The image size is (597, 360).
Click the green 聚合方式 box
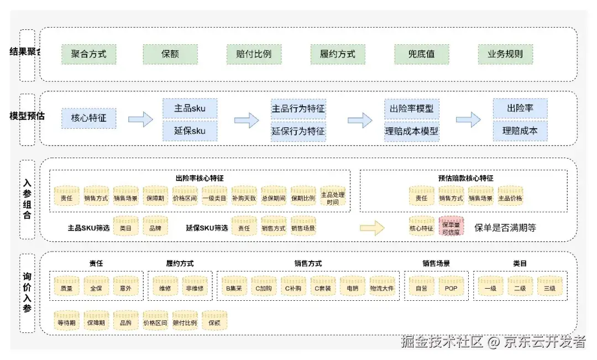pyautogui.click(x=88, y=55)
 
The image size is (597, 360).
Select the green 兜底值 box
pyautogui.click(x=421, y=55)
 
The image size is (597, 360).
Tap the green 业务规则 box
pyautogui.click(x=505, y=55)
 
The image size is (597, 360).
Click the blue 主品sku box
pyautogui.click(x=190, y=108)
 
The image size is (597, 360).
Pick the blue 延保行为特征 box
pyautogui.click(x=298, y=132)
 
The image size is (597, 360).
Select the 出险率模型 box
pyautogui.click(x=412, y=108)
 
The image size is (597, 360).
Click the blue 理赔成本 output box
pyautogui.click(x=520, y=132)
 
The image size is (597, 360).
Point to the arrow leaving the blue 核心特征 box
pyautogui.click(x=140, y=119)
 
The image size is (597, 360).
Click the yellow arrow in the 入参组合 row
pyautogui.click(x=371, y=227)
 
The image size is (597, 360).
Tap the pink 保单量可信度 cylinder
pyautogui.click(x=451, y=227)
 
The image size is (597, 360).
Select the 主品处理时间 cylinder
pyautogui.click(x=333, y=197)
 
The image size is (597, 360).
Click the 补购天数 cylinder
pyautogui.click(x=244, y=197)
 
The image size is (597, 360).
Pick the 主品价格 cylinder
pyautogui.click(x=510, y=197)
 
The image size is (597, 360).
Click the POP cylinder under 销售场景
pyautogui.click(x=451, y=288)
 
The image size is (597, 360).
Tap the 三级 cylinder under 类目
pyautogui.click(x=549, y=288)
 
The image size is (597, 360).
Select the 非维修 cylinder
pyautogui.click(x=195, y=288)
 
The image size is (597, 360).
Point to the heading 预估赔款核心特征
pyautogui.click(x=462, y=178)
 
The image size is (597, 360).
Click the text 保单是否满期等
pyautogui.click(x=505, y=227)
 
